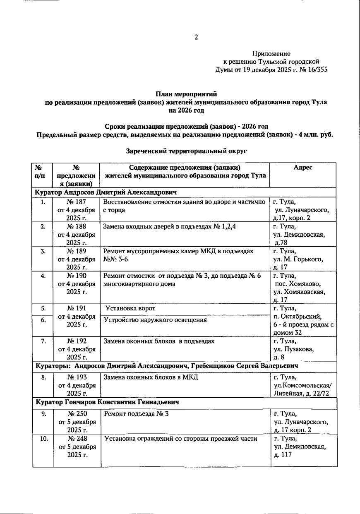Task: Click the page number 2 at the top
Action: pos(197,38)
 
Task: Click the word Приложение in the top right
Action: pos(271,54)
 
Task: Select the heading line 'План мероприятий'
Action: pos(186,95)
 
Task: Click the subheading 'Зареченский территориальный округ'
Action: pos(186,151)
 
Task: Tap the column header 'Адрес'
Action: pos(303,168)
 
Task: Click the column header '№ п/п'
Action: pos(38,171)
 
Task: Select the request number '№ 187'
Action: pos(77,202)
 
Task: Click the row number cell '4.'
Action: pos(43,276)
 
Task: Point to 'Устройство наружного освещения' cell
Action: pos(155,319)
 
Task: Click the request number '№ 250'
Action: pos(77,413)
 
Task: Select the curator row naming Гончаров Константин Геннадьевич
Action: pos(108,402)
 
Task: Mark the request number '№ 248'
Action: pos(77,439)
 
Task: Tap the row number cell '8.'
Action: pos(43,377)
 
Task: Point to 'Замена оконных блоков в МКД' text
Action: pos(151,377)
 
